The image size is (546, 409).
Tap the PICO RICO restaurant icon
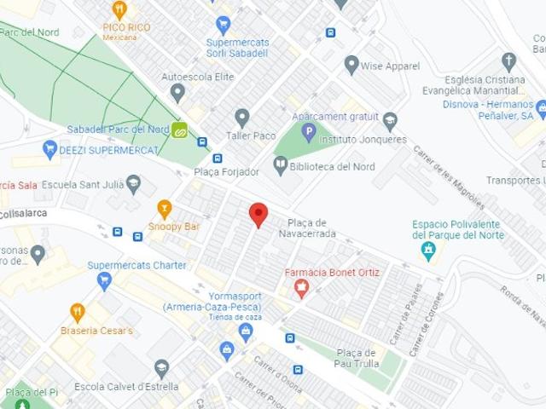pos(119,10)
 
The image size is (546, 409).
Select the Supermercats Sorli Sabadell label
pos(236,48)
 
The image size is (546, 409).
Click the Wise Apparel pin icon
pos(351,65)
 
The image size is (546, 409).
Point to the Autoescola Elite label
pos(198,77)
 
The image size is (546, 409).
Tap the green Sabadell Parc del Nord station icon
pos(181,130)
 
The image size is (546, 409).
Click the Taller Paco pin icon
pos(242,117)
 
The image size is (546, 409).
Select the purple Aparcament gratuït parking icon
pos(309,132)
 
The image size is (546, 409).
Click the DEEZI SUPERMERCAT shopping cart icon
pos(49,150)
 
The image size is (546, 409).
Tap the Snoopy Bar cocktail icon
pos(165,208)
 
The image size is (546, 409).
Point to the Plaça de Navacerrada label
pos(312,228)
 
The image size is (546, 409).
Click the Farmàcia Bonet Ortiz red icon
pos(300,290)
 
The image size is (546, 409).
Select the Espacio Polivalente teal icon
pos(428,251)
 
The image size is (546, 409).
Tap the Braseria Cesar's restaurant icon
pos(78,313)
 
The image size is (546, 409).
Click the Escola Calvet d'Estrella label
pos(113,386)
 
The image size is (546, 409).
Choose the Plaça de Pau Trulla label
pos(356,359)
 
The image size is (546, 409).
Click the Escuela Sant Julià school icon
pos(133,184)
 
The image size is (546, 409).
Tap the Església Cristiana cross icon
pos(509,61)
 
